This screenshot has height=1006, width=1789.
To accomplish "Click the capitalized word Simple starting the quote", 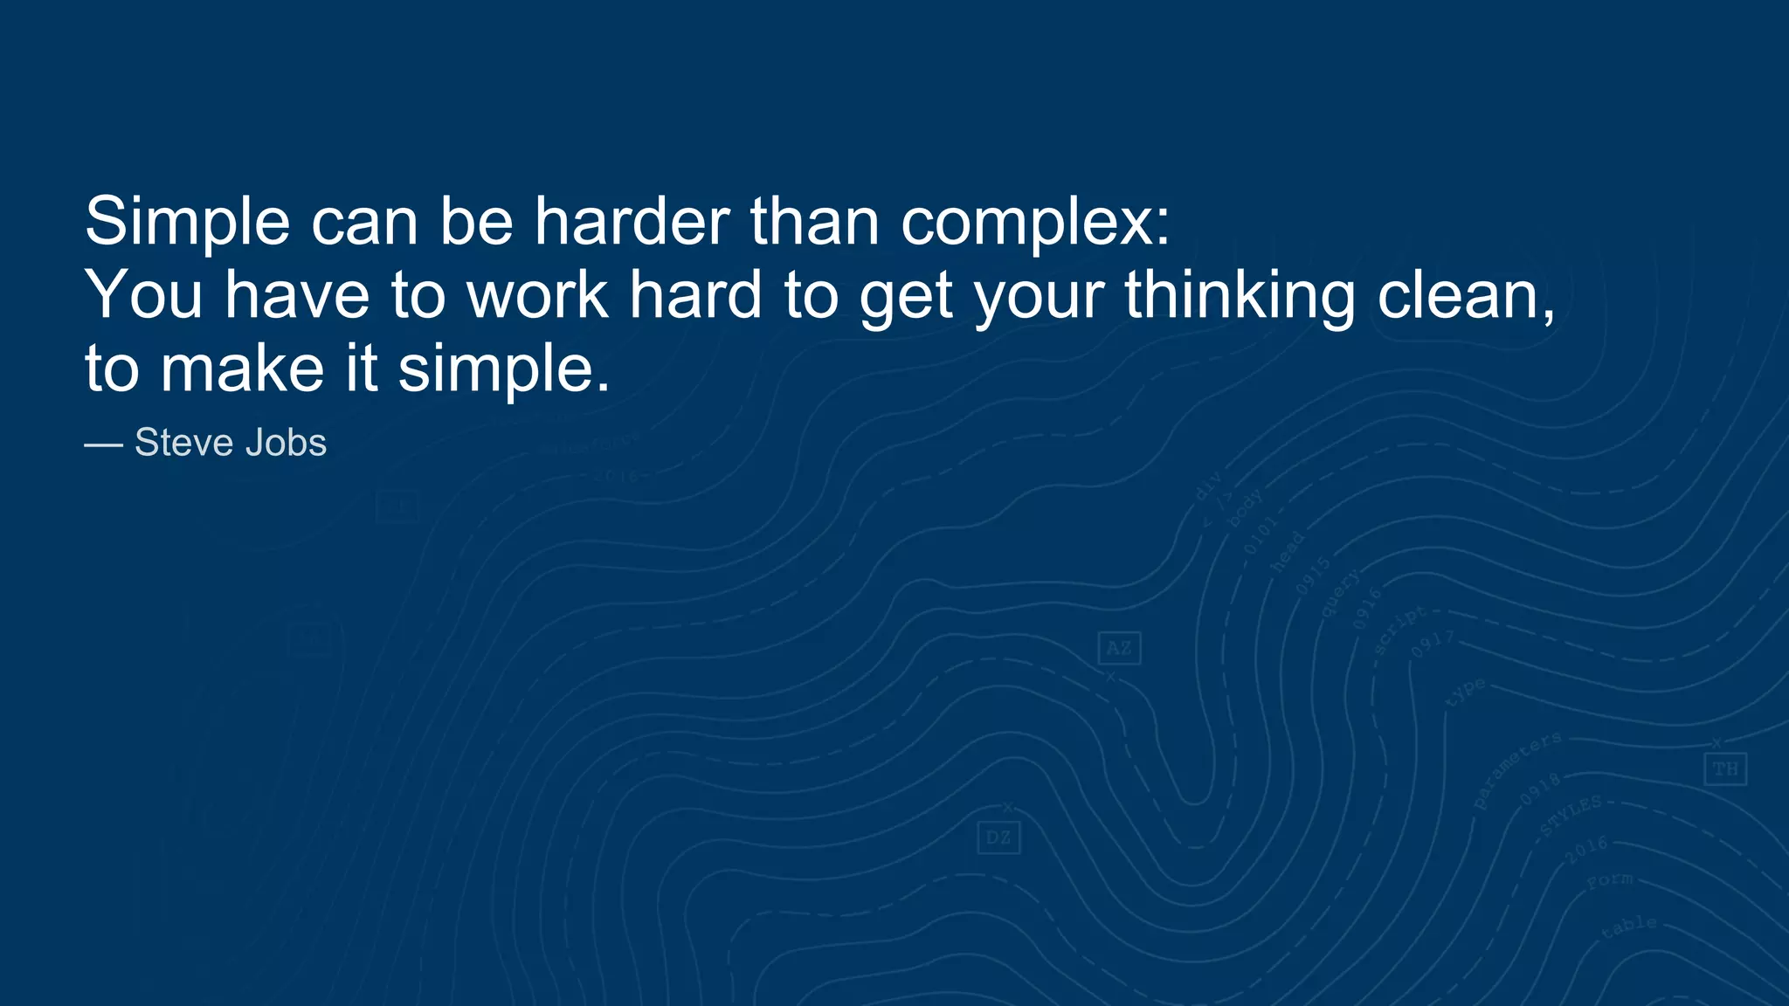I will click(187, 222).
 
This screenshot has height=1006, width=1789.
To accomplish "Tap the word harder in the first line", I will click(632, 222).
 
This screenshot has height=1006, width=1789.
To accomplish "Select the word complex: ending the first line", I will click(1035, 222).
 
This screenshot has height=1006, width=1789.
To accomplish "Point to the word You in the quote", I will click(143, 295).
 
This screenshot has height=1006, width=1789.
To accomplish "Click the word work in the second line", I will click(537, 295).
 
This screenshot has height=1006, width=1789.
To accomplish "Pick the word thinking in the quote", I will click(1240, 295).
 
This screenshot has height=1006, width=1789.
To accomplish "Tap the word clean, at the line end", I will click(1467, 295).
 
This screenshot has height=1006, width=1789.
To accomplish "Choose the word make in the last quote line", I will click(243, 369).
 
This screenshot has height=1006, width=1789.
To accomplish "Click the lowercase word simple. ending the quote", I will click(504, 369).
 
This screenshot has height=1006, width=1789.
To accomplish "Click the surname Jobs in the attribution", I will click(286, 443).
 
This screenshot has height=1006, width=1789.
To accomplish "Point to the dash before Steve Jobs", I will click(103, 444).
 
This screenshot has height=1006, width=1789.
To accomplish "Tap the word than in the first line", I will click(815, 222).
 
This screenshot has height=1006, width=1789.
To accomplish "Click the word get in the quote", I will click(906, 295).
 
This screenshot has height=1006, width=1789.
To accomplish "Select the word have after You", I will click(297, 295).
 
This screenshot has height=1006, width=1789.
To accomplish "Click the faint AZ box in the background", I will click(1119, 648).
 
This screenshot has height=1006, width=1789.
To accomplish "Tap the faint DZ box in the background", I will click(998, 838).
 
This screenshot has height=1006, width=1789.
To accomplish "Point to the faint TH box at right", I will click(1725, 769).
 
